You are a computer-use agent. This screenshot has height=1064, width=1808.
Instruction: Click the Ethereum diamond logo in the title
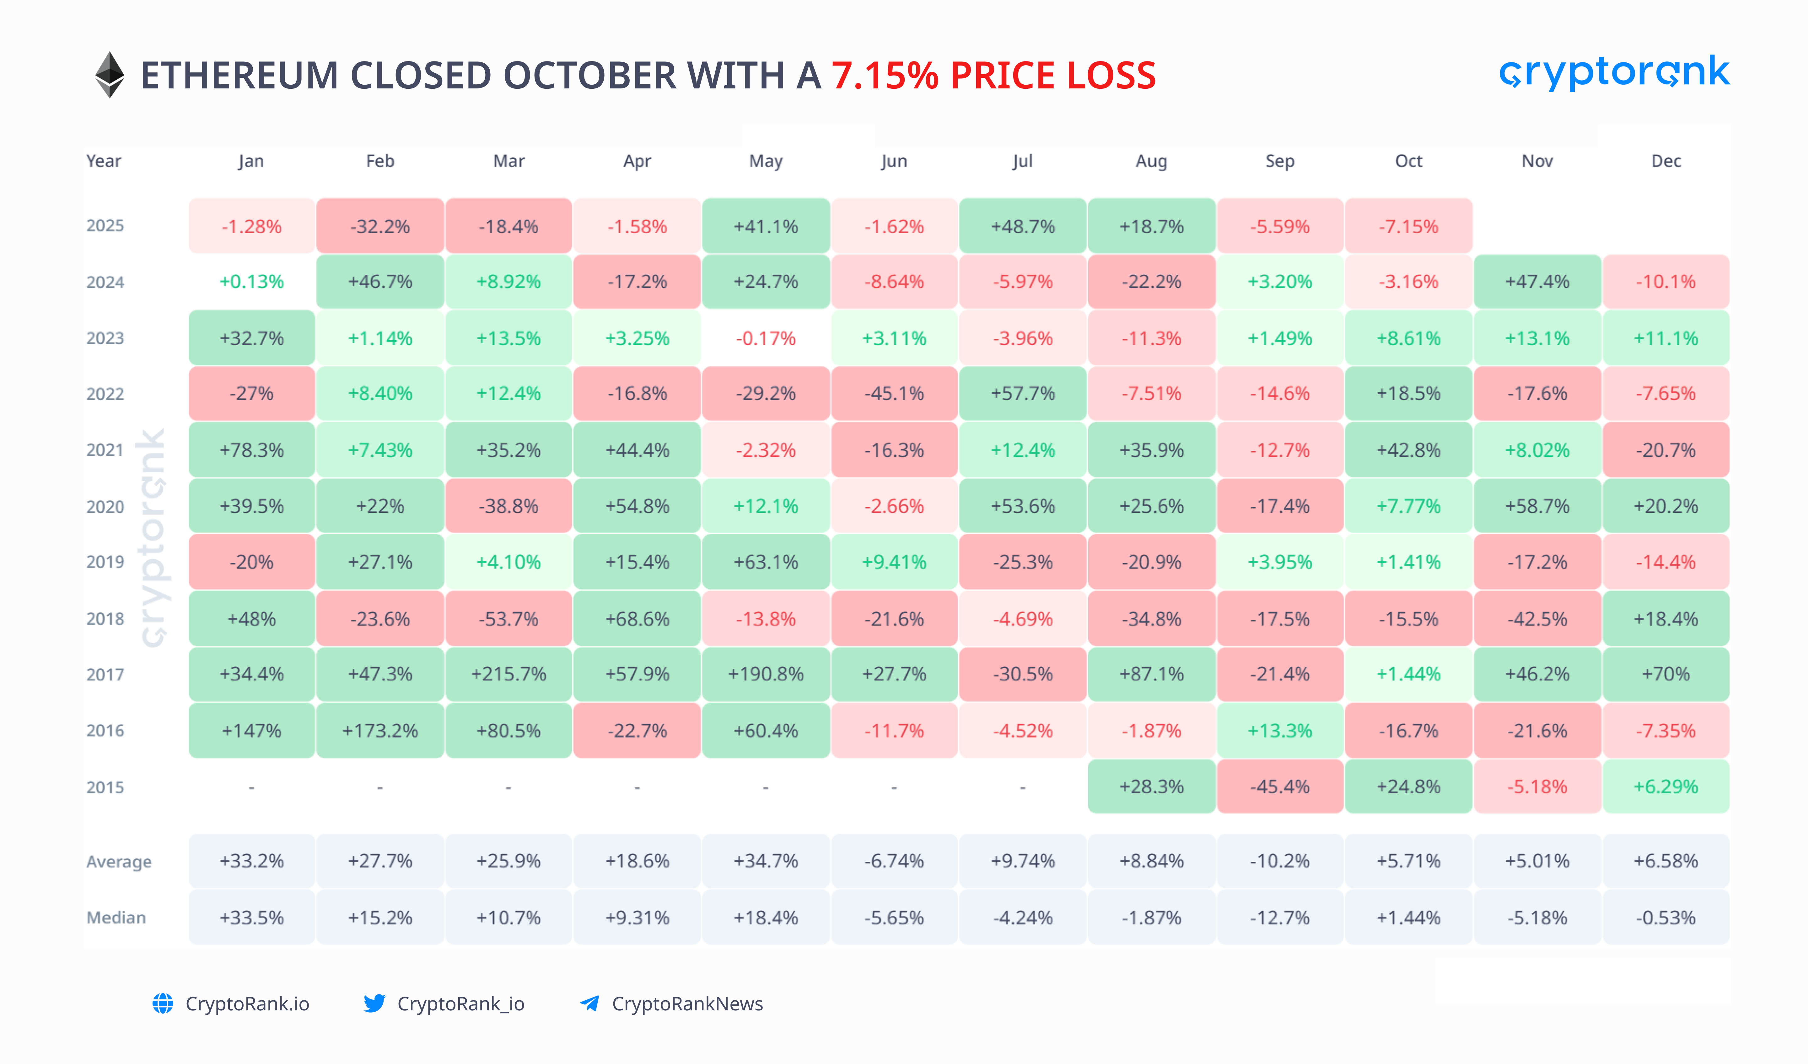[x=110, y=75]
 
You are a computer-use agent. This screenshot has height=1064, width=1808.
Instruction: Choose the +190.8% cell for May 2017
[x=766, y=674]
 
